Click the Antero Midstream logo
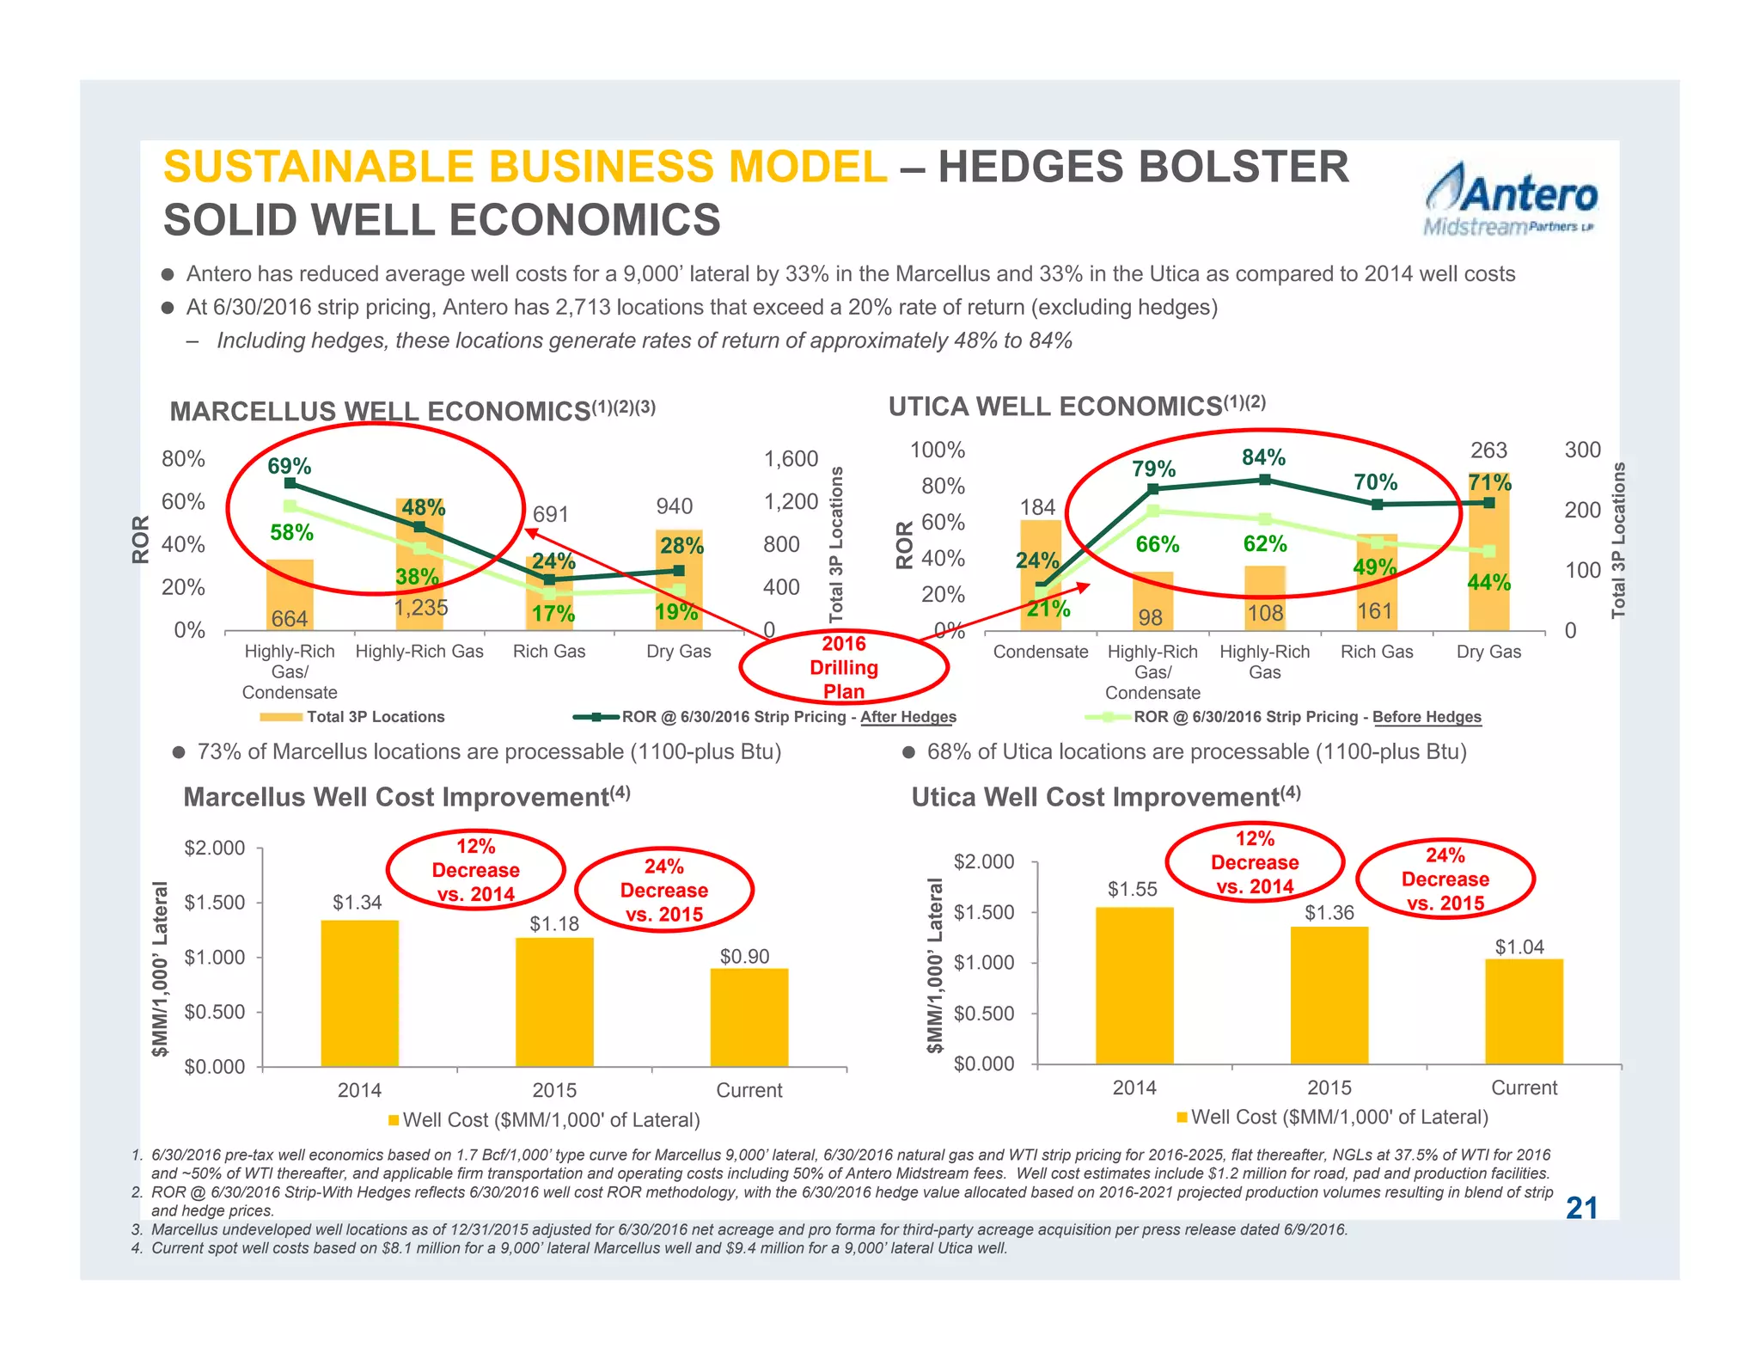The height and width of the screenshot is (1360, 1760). coord(1511,199)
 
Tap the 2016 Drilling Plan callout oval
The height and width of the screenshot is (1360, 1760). coord(843,667)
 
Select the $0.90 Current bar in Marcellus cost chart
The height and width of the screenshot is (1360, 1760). coord(749,1017)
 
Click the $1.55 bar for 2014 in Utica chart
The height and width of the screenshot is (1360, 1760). coord(1134,985)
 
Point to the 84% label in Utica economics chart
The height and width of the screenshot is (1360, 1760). coord(1263,456)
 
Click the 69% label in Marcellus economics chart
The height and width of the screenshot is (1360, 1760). coord(289,466)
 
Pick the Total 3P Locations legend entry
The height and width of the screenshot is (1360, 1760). coord(352,717)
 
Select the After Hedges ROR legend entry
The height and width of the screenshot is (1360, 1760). coord(765,717)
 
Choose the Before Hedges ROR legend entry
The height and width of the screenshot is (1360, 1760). coord(1284,717)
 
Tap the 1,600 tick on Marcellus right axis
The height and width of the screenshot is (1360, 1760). coord(791,459)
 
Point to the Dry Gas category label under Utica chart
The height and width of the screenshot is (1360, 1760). coord(1488,652)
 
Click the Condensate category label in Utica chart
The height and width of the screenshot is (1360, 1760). coord(1040,652)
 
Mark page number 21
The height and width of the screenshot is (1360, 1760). coord(1581,1208)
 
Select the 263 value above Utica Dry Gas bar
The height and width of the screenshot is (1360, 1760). coord(1488,450)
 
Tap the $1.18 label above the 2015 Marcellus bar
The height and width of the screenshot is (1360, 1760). coord(554,924)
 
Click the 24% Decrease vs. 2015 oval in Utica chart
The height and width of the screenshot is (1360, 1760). coord(1445,879)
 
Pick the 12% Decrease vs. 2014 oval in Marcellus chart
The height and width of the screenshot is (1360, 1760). coord(475,870)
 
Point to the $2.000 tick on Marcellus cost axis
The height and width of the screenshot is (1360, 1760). coord(215,848)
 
